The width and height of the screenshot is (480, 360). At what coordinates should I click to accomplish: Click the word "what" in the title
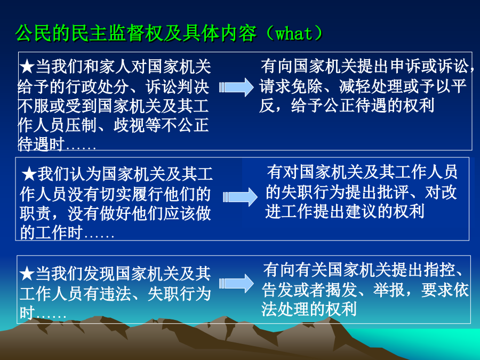click(294, 34)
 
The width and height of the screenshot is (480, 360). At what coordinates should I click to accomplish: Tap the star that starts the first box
click(27, 67)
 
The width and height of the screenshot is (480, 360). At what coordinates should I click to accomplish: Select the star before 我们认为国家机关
click(29, 174)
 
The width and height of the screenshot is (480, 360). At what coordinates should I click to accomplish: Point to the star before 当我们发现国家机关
click(27, 274)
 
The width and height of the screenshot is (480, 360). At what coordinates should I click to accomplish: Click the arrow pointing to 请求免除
click(236, 87)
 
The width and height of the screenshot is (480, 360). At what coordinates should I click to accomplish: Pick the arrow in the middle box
click(241, 197)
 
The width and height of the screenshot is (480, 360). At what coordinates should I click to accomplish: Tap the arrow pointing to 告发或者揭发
click(236, 284)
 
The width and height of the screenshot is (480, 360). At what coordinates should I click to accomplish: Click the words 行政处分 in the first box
click(98, 87)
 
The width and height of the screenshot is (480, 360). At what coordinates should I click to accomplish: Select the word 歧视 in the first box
click(129, 125)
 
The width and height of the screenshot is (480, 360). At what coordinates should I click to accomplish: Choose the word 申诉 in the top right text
click(405, 67)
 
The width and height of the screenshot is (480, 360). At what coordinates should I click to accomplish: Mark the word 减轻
click(355, 86)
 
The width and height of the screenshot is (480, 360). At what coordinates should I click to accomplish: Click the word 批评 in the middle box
click(393, 192)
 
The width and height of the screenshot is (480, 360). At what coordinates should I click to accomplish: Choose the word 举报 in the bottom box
click(389, 290)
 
